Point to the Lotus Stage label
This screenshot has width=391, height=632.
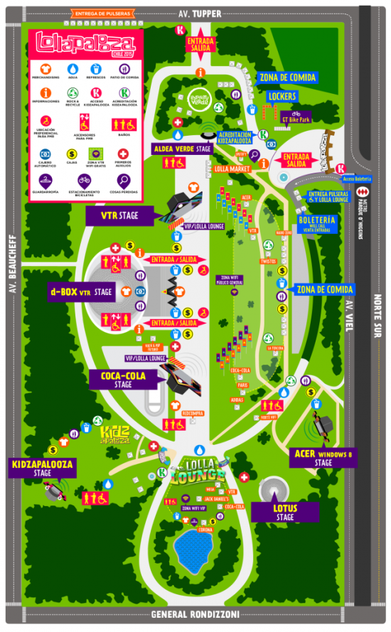284,512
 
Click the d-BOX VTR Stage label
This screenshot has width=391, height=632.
81,291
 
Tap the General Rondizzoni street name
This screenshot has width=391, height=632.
195,614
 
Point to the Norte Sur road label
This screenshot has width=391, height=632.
377,319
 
